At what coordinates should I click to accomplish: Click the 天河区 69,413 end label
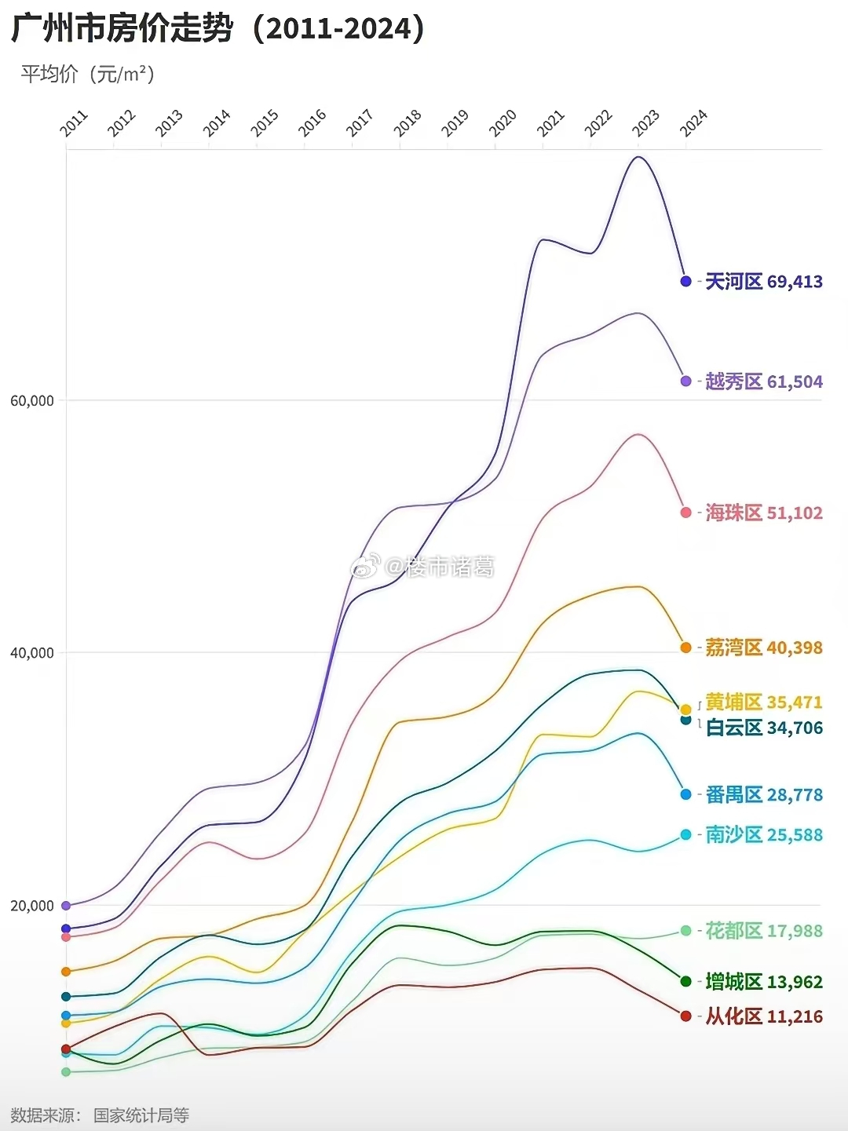(x=763, y=282)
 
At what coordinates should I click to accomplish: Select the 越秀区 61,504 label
(x=763, y=381)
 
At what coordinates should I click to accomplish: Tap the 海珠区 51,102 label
(x=763, y=513)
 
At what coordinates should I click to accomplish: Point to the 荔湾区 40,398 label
(x=763, y=648)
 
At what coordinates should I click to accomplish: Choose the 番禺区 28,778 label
(x=763, y=794)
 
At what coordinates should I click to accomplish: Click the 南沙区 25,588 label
(x=763, y=834)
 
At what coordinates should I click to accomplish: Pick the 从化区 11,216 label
(x=763, y=1016)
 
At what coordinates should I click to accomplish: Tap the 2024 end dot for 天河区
(x=685, y=281)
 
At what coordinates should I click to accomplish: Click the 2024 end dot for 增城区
(x=685, y=981)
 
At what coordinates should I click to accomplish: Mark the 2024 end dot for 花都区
(x=685, y=931)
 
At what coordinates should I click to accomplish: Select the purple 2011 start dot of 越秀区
(x=66, y=906)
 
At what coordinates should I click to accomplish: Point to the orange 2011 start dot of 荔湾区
(x=66, y=972)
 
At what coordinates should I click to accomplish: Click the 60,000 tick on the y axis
(x=32, y=401)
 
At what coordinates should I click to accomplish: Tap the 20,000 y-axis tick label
(x=32, y=906)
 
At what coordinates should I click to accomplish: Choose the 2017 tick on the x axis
(x=360, y=123)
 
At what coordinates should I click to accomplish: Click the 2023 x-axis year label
(x=645, y=123)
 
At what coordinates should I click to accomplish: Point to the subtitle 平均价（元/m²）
(x=88, y=74)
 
